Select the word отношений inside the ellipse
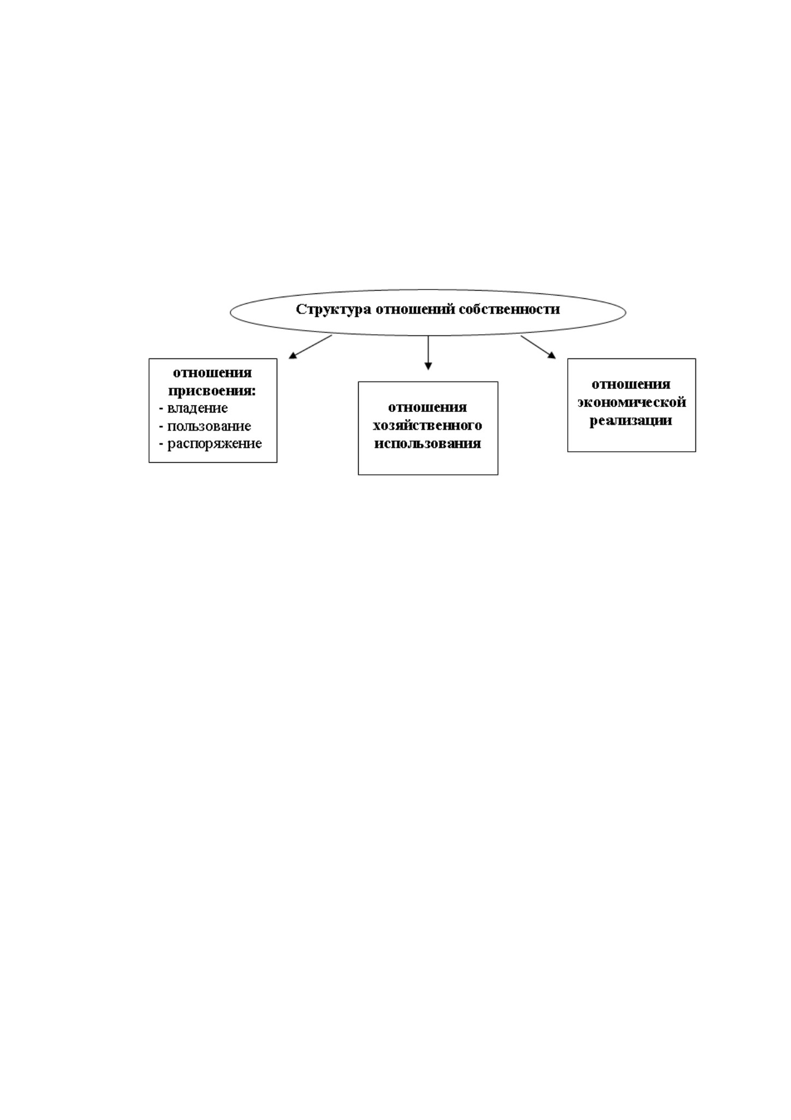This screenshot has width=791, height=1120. click(415, 309)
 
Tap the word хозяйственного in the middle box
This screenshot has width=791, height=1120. click(427, 425)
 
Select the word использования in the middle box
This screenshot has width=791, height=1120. click(427, 443)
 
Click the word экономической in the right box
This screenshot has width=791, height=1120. click(632, 402)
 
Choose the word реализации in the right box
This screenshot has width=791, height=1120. click(631, 421)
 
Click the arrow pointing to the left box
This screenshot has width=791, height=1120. click(310, 347)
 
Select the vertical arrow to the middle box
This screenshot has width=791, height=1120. click(428, 353)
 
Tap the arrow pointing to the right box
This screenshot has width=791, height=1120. click(538, 347)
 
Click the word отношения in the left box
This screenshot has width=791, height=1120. click(212, 373)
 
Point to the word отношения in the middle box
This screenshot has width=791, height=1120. click(427, 408)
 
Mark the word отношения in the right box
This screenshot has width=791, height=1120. click(631, 384)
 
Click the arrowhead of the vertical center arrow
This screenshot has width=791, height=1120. click(428, 366)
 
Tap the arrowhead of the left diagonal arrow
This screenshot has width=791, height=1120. click(293, 356)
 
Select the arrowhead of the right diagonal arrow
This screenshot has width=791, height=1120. click(552, 355)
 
